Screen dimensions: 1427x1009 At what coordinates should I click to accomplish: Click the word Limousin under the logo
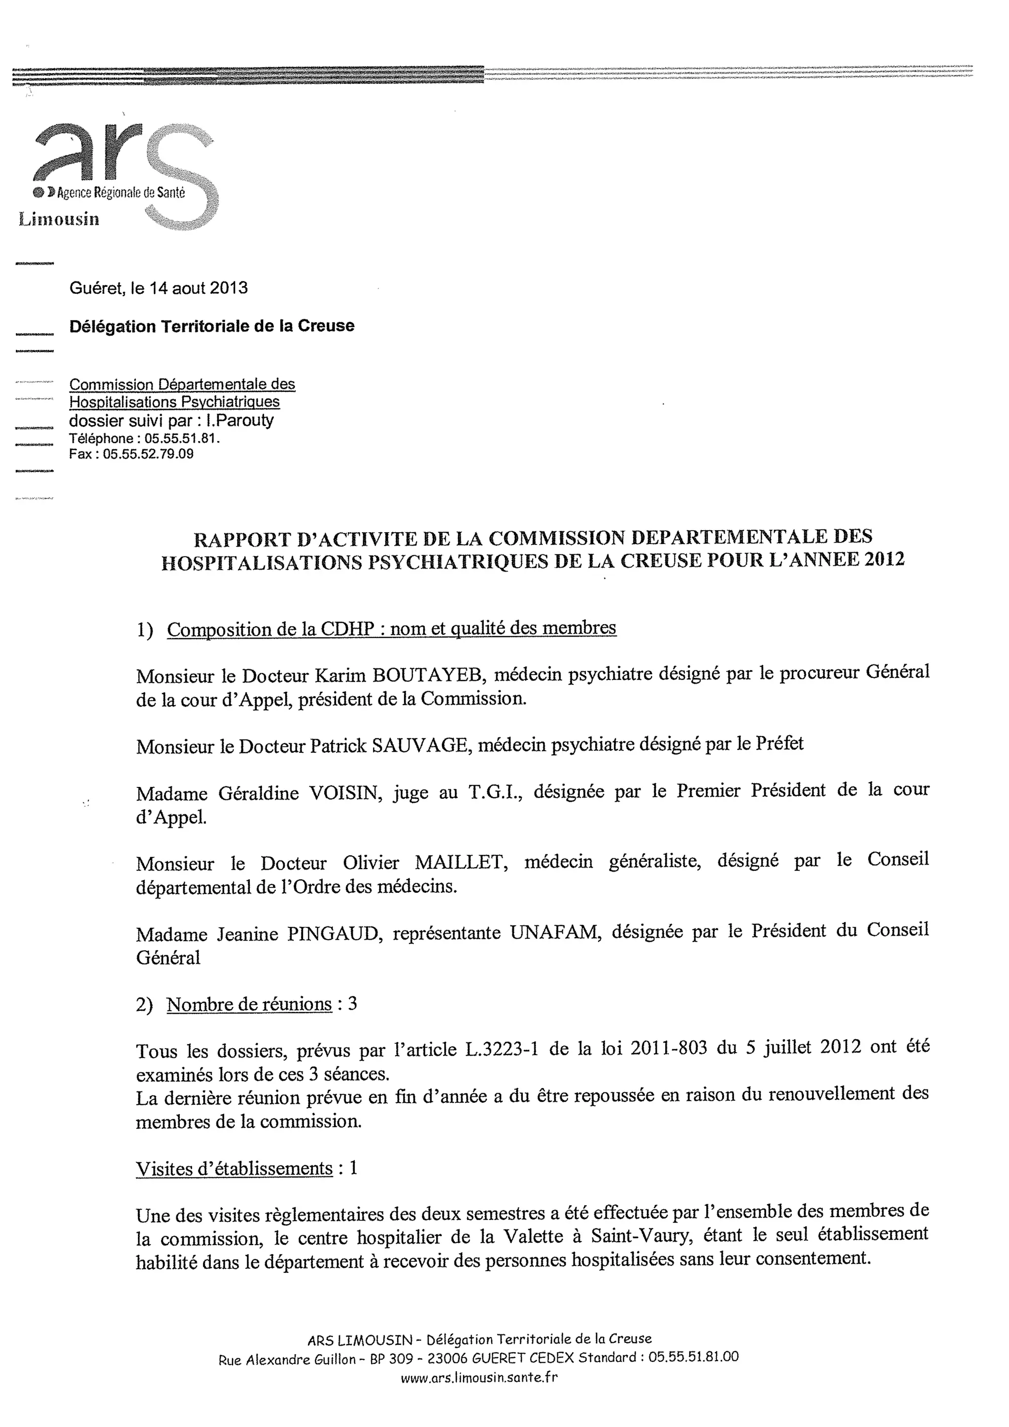(59, 219)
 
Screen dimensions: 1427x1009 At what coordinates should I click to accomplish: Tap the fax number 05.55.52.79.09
(148, 454)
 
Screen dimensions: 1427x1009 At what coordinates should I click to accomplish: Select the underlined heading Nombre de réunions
(249, 1004)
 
